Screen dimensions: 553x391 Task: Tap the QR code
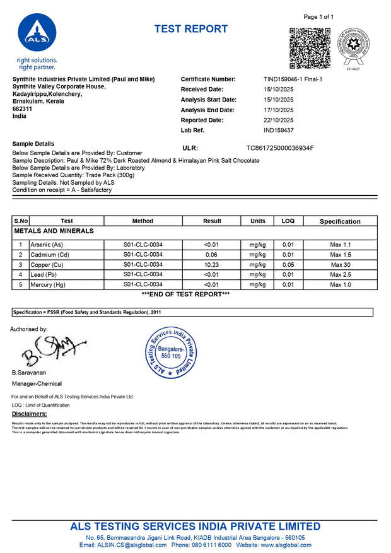(x=310, y=48)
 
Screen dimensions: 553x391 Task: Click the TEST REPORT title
(x=191, y=29)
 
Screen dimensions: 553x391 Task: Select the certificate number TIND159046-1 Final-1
(x=293, y=79)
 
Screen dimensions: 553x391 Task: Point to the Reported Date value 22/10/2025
(x=278, y=120)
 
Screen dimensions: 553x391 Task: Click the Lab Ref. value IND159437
(x=278, y=131)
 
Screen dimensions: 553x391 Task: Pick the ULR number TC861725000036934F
(x=279, y=148)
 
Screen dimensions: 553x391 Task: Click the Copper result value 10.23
(x=212, y=265)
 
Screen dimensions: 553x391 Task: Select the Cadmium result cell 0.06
(x=212, y=254)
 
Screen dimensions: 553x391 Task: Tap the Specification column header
(x=340, y=221)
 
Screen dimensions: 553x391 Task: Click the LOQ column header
(x=288, y=221)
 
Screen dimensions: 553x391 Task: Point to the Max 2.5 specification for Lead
(x=340, y=275)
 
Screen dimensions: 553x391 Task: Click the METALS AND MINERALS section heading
(x=54, y=231)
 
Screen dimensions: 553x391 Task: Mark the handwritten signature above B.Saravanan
(x=52, y=351)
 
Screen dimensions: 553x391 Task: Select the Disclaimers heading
(x=29, y=414)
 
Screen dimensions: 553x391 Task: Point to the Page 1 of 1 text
(x=318, y=17)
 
